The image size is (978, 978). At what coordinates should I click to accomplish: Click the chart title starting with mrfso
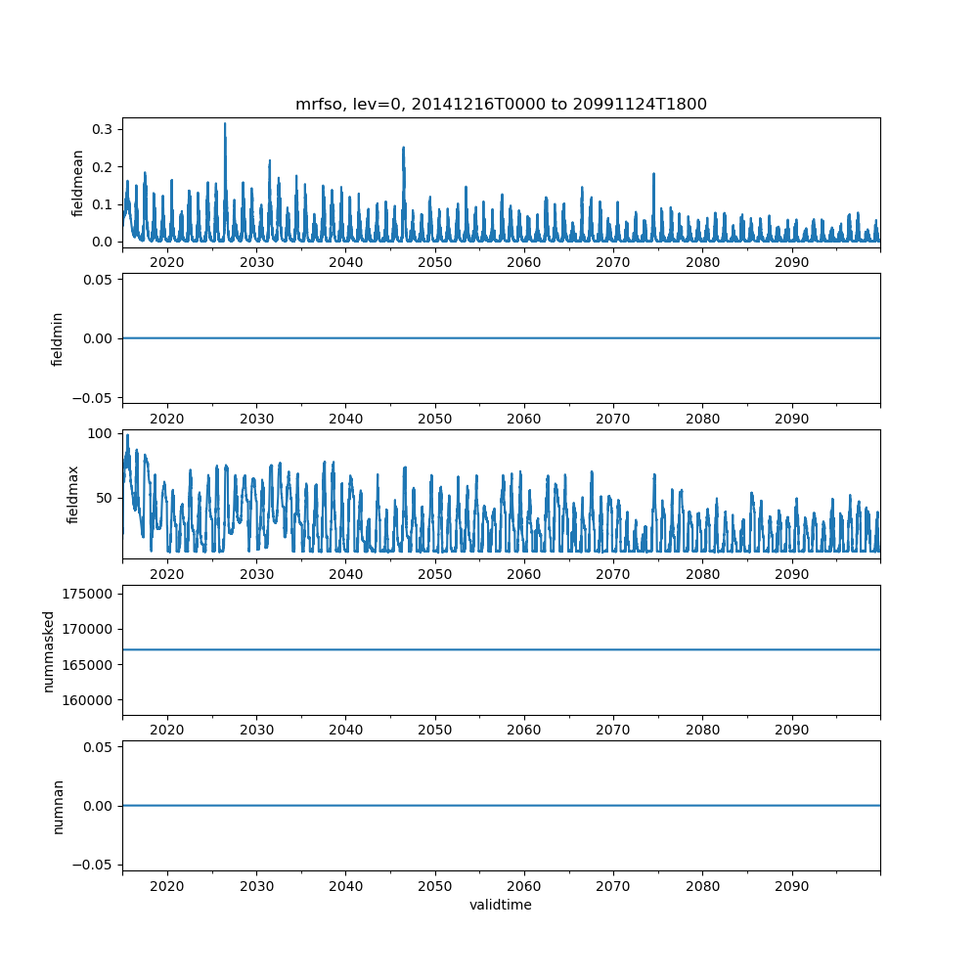coord(501,104)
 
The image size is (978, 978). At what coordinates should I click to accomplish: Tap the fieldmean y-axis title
coord(79,183)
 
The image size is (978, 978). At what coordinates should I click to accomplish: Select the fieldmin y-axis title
coord(58,338)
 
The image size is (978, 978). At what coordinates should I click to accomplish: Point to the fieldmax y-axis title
coord(72,494)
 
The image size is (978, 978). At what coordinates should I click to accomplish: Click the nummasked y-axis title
coord(49,650)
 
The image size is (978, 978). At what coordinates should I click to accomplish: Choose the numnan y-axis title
coord(58,806)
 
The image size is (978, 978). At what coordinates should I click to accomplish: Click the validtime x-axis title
coord(501,905)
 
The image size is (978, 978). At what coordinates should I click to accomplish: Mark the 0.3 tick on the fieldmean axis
coord(102,129)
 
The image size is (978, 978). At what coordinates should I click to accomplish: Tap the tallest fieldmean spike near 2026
coord(225,125)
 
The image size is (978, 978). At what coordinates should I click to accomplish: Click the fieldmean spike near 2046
coord(403,149)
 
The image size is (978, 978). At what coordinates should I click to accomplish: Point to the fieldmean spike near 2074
coord(653,175)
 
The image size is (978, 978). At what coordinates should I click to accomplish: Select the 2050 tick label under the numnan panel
coord(435,886)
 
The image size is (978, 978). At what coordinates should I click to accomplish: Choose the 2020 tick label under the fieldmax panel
coord(167,574)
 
